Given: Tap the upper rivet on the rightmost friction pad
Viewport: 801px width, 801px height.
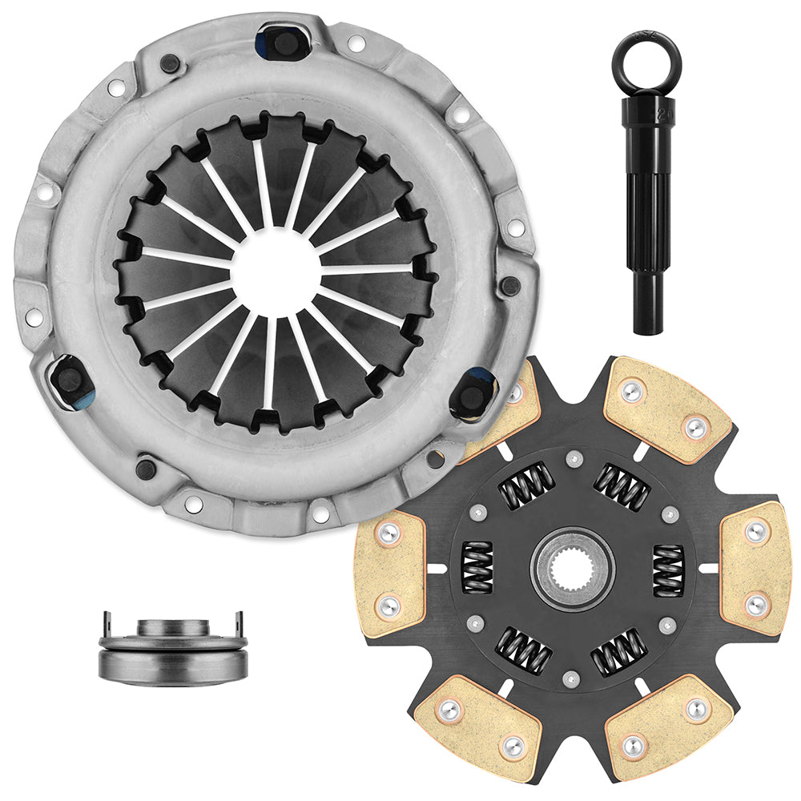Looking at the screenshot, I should (755, 531).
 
